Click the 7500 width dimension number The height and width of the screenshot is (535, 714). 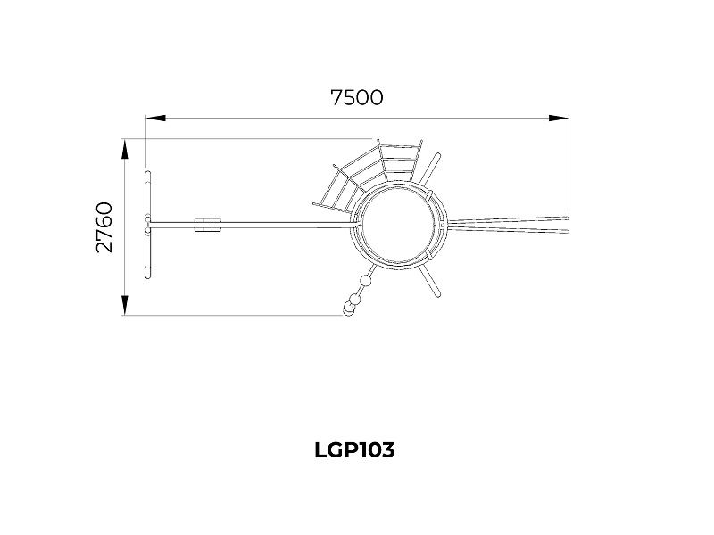click(x=356, y=97)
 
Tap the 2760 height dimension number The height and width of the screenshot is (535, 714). click(x=104, y=227)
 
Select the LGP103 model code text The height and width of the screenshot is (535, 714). click(x=354, y=450)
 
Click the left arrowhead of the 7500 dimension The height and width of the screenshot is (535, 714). click(x=155, y=119)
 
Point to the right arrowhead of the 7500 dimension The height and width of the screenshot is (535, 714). click(x=559, y=119)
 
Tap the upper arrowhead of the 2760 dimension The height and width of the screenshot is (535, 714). click(x=124, y=149)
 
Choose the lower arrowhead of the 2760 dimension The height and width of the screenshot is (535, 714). click(x=124, y=305)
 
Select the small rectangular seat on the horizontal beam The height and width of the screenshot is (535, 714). click(x=208, y=225)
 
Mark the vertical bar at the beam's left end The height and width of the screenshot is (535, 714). click(x=147, y=225)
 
